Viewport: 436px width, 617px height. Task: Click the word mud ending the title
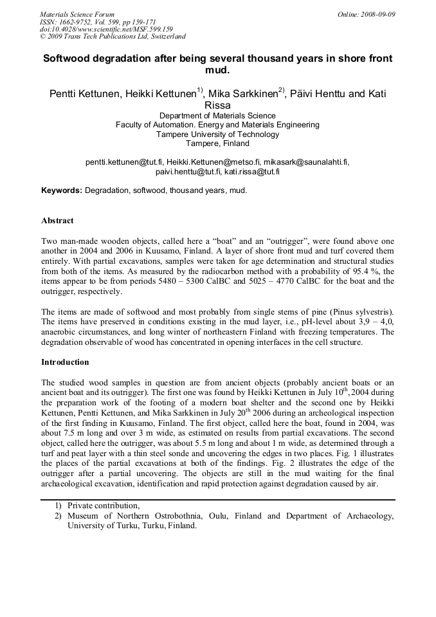(x=218, y=70)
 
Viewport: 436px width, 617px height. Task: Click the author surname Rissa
(x=218, y=106)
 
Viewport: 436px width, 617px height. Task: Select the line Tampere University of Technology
(x=218, y=134)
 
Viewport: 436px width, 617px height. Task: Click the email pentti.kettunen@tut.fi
(x=123, y=162)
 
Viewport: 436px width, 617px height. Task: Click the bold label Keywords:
(x=62, y=190)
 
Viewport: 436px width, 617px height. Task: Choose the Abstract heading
(x=57, y=221)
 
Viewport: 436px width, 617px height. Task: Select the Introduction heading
(x=65, y=362)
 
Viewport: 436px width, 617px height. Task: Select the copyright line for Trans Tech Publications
(x=113, y=37)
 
